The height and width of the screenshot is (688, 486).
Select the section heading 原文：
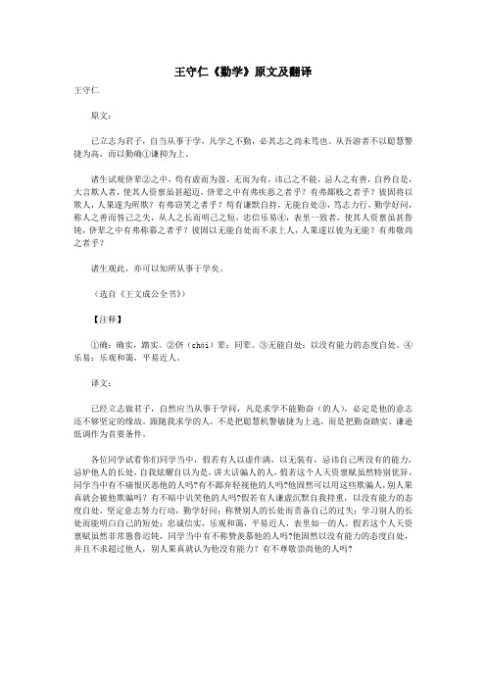click(x=102, y=115)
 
